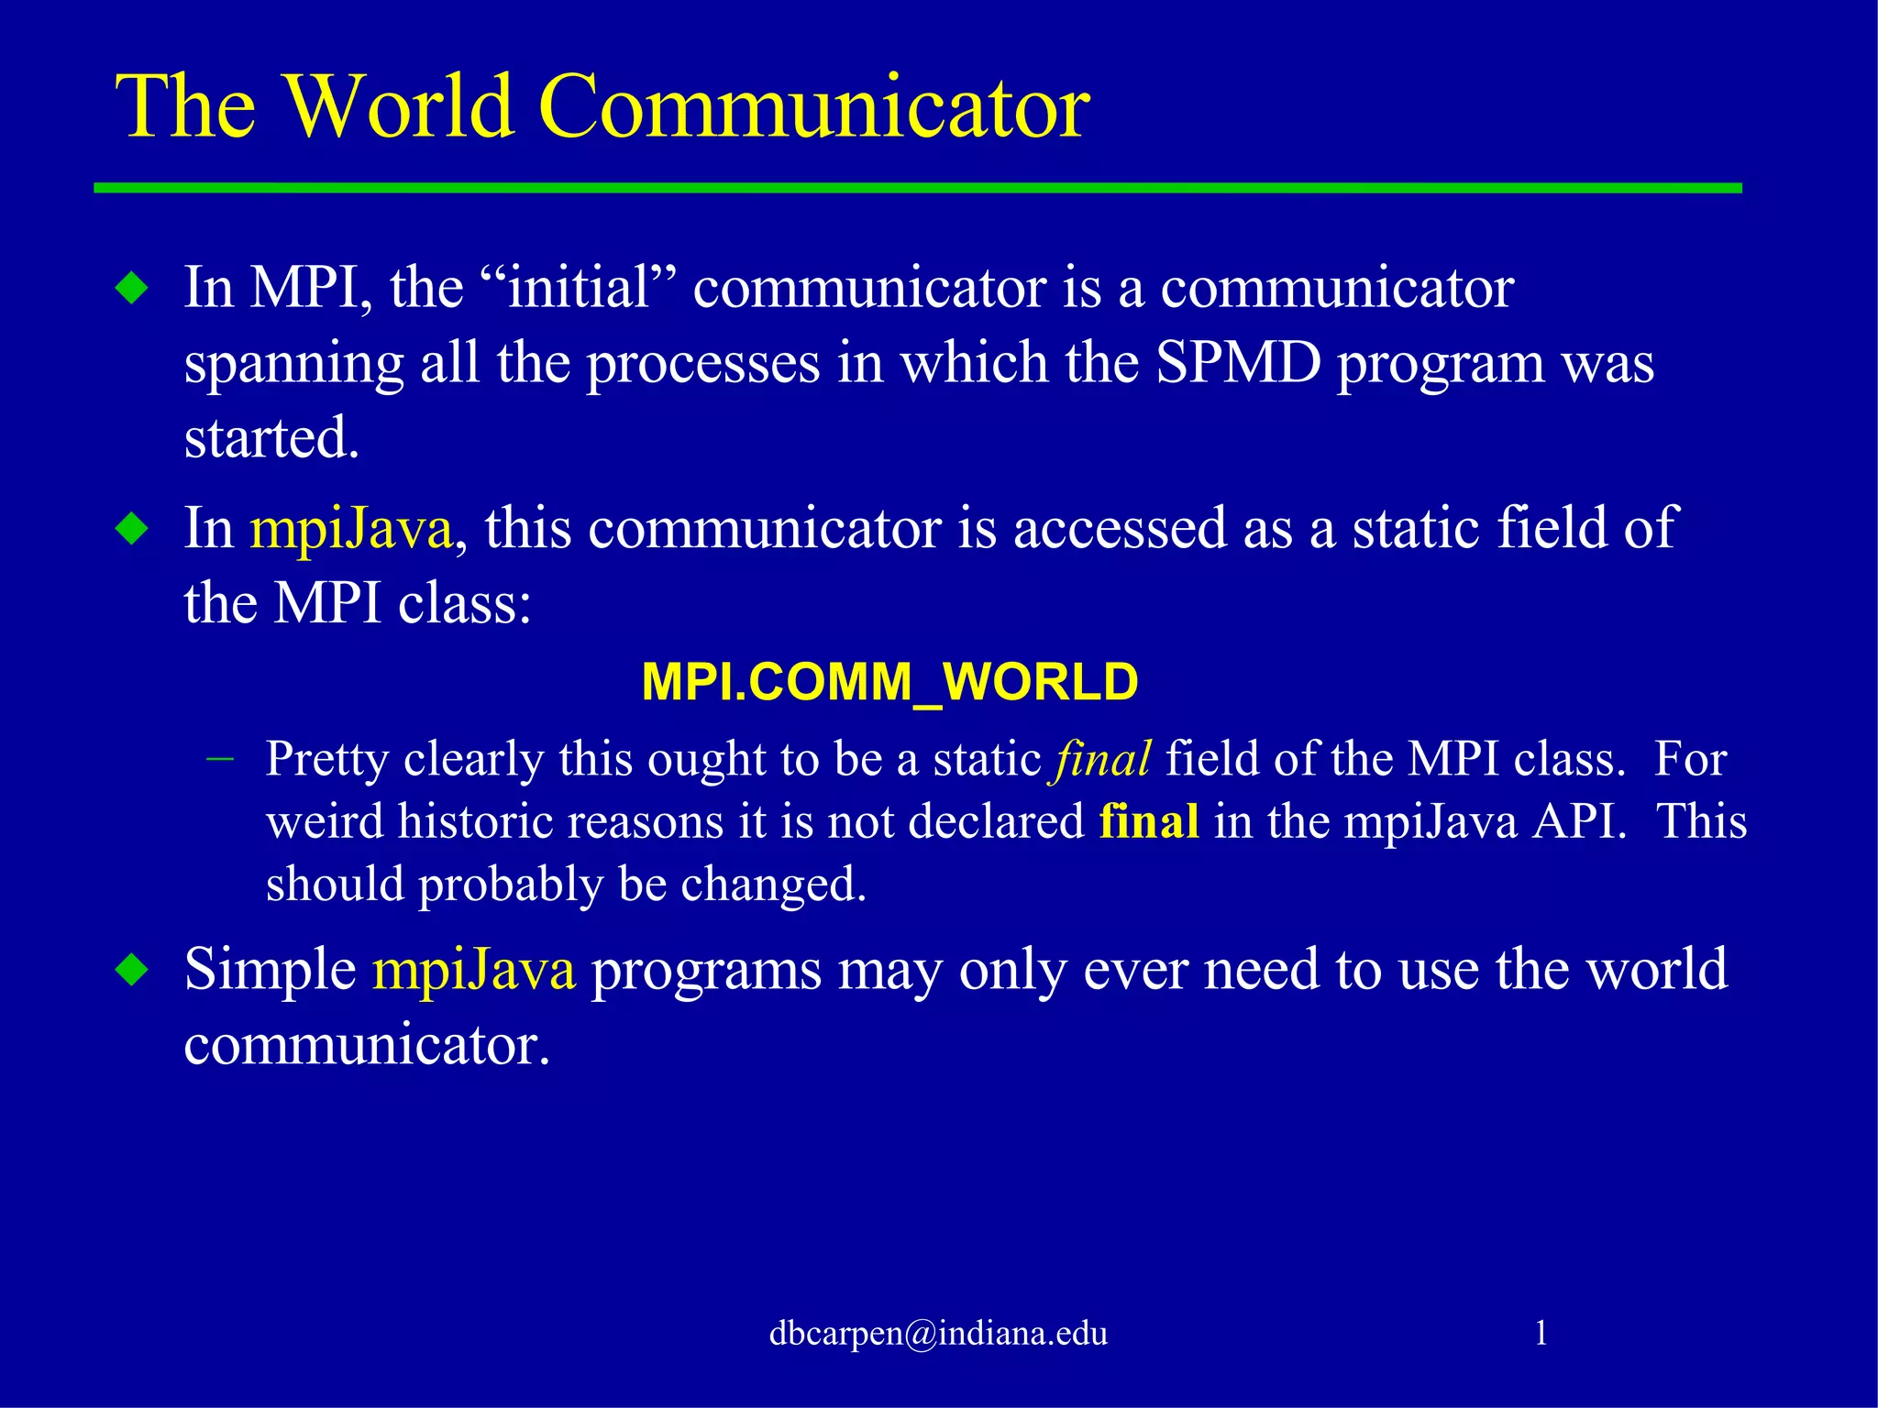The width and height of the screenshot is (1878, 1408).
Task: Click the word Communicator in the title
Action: click(x=813, y=107)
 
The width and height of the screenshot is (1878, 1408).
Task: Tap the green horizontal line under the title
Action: click(x=917, y=188)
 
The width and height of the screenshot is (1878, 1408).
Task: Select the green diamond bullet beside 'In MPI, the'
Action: click(x=133, y=290)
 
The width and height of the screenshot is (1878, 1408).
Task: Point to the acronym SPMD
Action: click(x=1237, y=363)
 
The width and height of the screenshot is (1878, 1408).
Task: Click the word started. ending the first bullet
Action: click(x=271, y=438)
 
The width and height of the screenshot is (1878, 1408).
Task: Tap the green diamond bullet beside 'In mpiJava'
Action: click(x=133, y=530)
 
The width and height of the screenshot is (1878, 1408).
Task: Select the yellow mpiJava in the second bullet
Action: click(x=351, y=530)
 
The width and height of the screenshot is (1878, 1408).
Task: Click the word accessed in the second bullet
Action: click(x=1120, y=529)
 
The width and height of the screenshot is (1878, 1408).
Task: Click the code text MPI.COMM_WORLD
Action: click(x=889, y=682)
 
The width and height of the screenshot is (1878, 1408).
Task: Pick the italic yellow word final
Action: click(x=1102, y=759)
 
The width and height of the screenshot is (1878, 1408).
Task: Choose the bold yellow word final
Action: click(x=1148, y=821)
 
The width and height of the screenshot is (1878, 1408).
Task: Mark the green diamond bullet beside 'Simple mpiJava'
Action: click(x=133, y=971)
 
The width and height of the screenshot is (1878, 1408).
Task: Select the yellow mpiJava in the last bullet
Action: click(x=473, y=970)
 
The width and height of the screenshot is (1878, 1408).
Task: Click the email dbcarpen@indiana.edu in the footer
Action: click(x=938, y=1333)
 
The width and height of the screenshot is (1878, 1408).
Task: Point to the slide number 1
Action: click(x=1541, y=1332)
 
